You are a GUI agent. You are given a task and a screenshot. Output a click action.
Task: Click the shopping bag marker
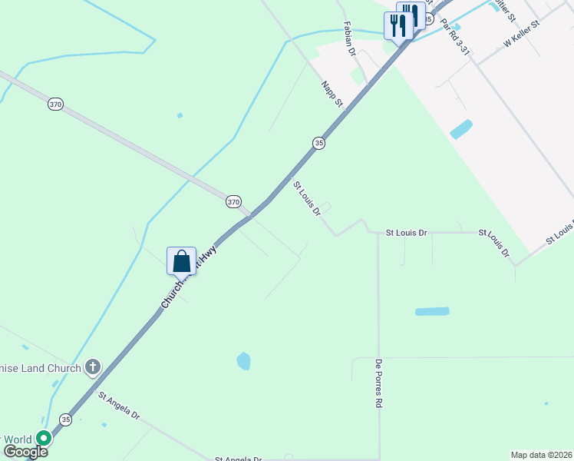(x=181, y=261)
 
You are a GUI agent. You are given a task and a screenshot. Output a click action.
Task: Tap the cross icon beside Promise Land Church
(x=92, y=367)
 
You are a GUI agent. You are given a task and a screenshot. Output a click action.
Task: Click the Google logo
(x=25, y=451)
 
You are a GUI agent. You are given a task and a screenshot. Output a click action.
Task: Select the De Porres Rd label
(x=378, y=382)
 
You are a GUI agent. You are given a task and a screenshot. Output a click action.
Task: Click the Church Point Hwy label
(x=189, y=277)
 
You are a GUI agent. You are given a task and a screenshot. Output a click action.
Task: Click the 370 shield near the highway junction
(x=233, y=201)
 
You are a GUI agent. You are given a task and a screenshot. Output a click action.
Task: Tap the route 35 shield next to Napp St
(x=318, y=142)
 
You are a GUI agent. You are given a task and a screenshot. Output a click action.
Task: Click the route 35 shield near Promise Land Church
(x=66, y=420)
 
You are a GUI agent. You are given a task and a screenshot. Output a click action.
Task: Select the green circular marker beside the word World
(x=44, y=439)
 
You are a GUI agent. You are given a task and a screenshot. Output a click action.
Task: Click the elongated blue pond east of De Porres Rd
(x=432, y=311)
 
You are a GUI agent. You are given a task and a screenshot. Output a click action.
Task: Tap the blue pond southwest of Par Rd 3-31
(x=461, y=128)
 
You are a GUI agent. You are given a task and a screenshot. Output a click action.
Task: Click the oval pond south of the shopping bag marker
(x=244, y=360)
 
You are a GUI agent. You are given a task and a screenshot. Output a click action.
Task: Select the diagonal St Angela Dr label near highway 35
(x=119, y=405)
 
